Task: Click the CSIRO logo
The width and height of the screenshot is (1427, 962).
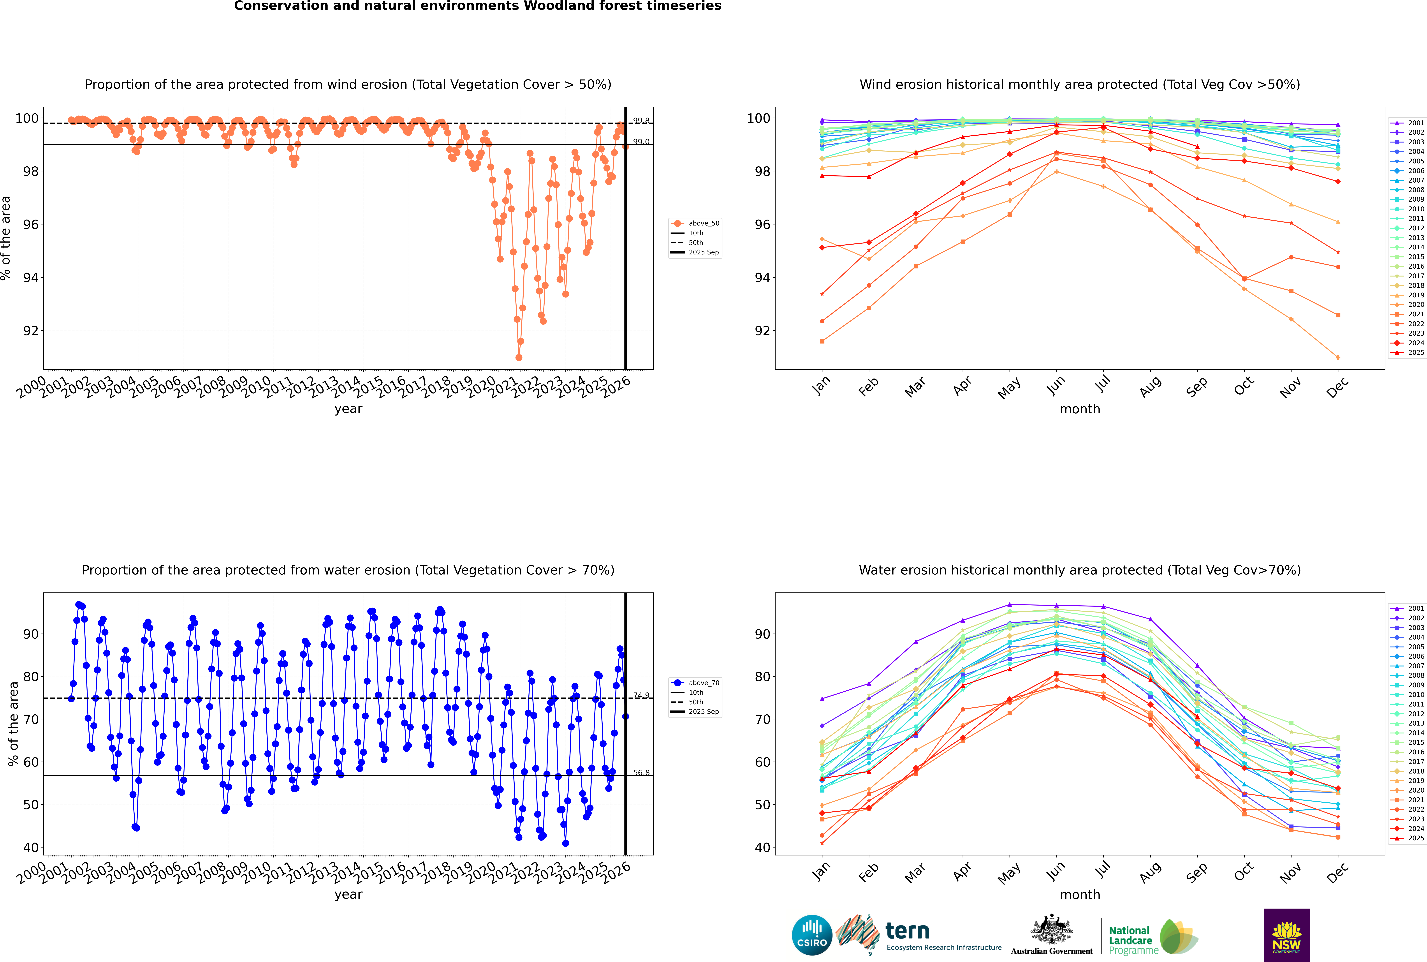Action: [812, 935]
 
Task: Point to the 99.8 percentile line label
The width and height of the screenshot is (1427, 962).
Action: [641, 121]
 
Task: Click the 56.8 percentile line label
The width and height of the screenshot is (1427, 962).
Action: [641, 773]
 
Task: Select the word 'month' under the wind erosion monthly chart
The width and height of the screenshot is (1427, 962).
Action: [1080, 409]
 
